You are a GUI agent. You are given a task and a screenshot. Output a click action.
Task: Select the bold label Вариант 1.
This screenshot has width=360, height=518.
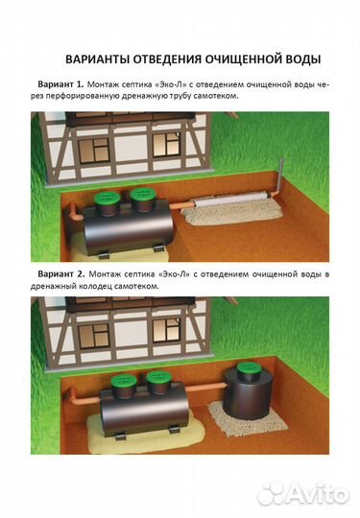pyautogui.click(x=60, y=84)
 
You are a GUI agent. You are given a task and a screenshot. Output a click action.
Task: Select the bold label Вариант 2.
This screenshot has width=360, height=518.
pyautogui.click(x=61, y=274)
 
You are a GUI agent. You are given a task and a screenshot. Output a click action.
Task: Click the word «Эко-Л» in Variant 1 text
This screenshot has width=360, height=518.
pyautogui.click(x=172, y=84)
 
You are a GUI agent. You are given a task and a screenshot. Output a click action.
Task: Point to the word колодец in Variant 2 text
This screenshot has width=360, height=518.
pyautogui.click(x=94, y=287)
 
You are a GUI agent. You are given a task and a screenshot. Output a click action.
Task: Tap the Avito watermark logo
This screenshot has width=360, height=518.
pyautogui.click(x=303, y=494)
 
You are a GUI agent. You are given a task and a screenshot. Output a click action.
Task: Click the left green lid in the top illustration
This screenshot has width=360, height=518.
pyautogui.click(x=108, y=198)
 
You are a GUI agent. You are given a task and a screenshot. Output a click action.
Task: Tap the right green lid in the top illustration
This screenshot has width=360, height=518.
pyautogui.click(x=143, y=195)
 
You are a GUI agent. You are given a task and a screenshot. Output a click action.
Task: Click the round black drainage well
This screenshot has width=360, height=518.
pyautogui.click(x=249, y=395)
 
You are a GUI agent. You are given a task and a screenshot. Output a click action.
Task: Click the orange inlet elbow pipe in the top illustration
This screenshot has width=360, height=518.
pyautogui.click(x=77, y=212)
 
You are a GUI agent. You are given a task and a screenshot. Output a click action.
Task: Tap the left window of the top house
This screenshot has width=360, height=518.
pyautogui.click(x=94, y=151)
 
